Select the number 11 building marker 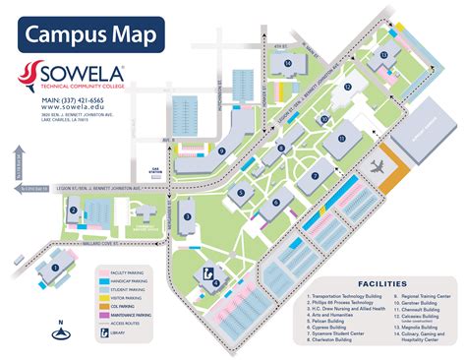coord(342,140)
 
